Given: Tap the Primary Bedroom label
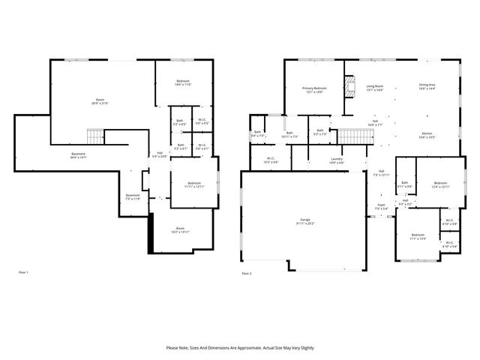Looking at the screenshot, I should pos(313,89).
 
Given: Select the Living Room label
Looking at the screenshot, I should pos(374,88).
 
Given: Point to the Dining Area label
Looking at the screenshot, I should pos(427,87).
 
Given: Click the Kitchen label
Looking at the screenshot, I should pos(427,136).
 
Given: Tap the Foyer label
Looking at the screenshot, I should pos(381,207).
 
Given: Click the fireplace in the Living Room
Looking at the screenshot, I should pos(349,88).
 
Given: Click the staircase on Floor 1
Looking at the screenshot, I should pos(94,136).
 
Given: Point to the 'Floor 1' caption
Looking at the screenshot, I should pos(22,272).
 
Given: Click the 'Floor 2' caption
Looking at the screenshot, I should pos(247,274).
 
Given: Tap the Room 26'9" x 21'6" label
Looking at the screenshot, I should pos(99,102).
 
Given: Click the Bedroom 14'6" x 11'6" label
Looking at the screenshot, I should pos(184,82).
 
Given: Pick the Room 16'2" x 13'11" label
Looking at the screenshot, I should pos(180,230).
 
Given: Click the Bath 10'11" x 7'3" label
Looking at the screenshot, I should pos(289,135).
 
